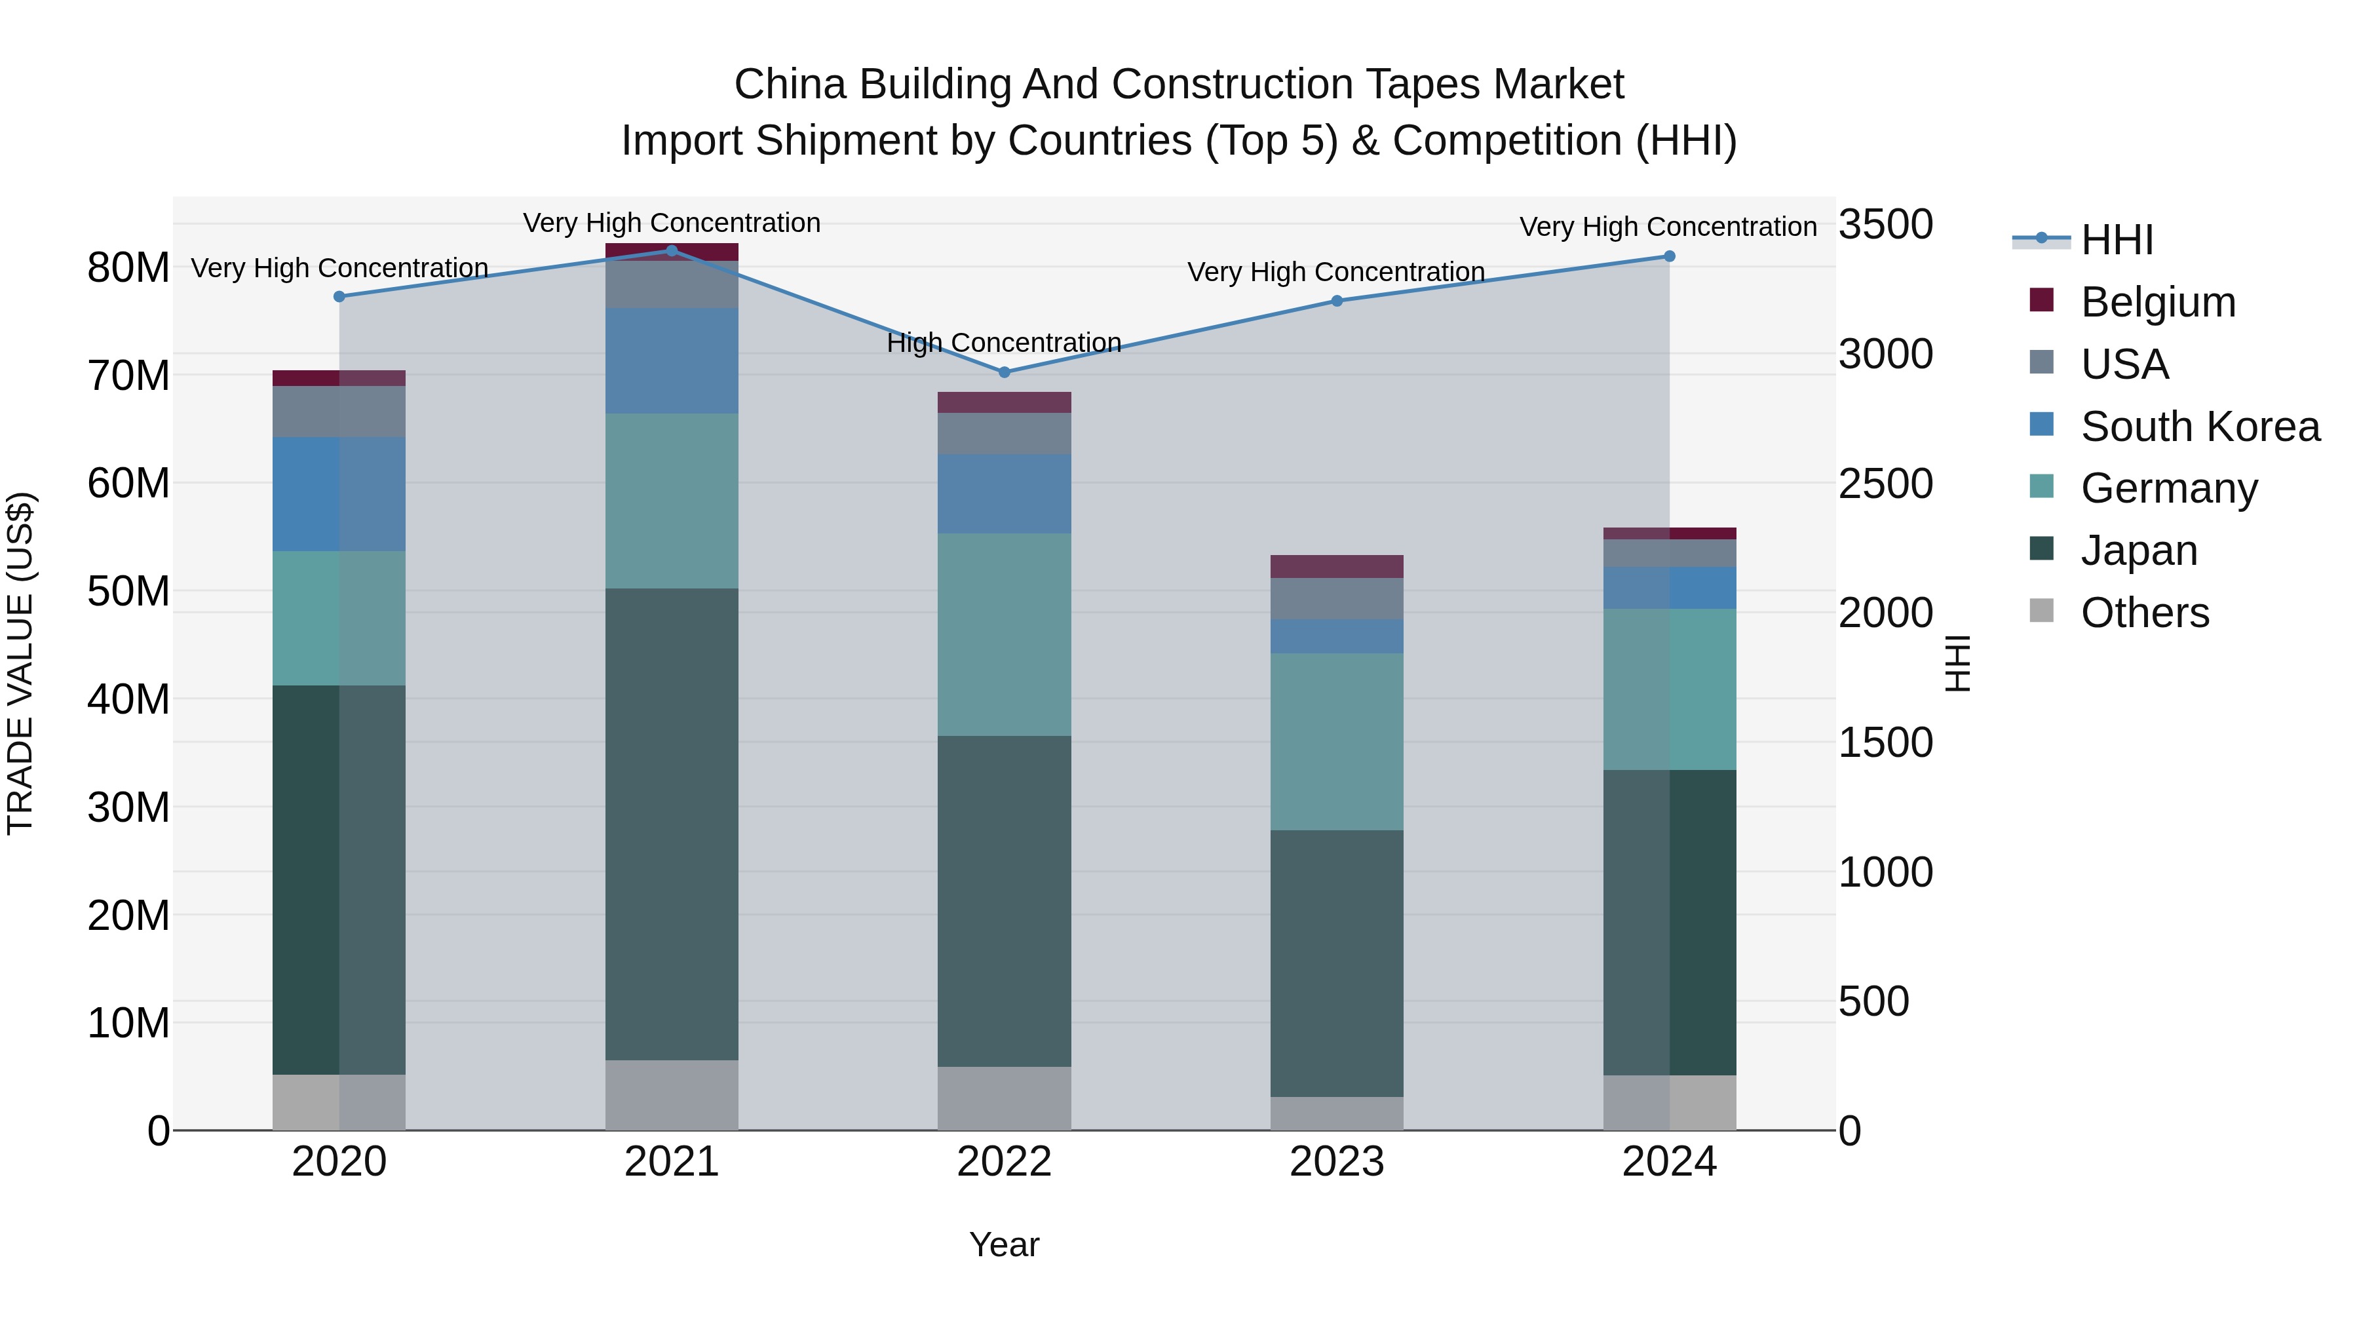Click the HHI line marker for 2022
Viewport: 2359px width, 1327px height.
tap(1004, 372)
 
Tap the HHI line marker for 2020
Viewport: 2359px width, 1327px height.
tap(339, 297)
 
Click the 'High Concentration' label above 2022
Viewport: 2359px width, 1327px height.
tap(1004, 343)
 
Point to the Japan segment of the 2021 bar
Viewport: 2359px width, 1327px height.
tap(671, 824)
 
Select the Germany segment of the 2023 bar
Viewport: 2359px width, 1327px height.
tap(1336, 742)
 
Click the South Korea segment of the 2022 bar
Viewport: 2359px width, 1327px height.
tap(1004, 495)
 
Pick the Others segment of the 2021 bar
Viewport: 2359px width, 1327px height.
tap(671, 1095)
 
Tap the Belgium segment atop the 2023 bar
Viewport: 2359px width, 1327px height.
tap(1336, 566)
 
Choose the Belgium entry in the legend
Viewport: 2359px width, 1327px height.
tap(2158, 302)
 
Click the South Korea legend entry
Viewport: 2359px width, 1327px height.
tap(2200, 427)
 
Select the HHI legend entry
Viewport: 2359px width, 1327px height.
tap(2117, 240)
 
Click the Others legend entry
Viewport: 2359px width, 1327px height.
tap(2145, 613)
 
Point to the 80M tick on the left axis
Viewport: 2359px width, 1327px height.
tap(128, 268)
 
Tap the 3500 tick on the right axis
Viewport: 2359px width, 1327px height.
tap(1885, 224)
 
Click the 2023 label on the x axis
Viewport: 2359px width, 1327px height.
tap(1336, 1162)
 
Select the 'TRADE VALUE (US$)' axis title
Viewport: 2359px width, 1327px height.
tap(20, 663)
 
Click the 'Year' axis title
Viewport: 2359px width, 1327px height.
tap(1004, 1244)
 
